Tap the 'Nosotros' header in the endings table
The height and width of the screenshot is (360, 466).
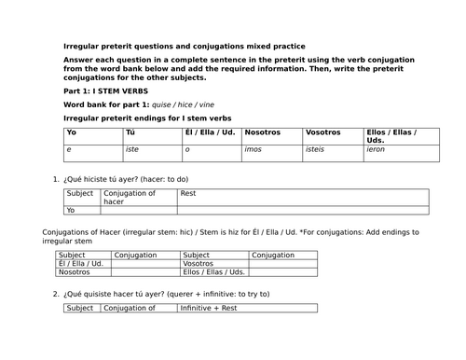(264, 133)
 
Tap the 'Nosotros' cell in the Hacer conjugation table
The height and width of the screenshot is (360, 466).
(75, 272)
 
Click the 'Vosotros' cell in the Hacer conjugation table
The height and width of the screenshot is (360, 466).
(200, 264)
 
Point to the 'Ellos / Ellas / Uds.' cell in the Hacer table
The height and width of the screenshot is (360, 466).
(214, 272)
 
